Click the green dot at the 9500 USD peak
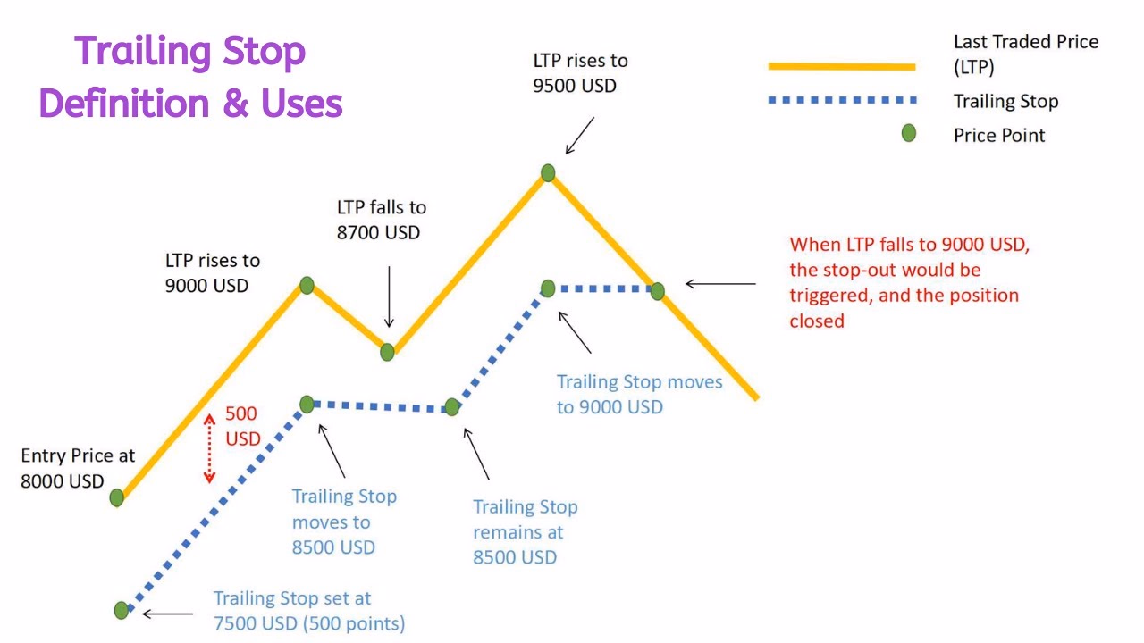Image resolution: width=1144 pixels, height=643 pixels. tap(548, 173)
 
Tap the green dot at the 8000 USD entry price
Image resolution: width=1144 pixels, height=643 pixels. tap(116, 497)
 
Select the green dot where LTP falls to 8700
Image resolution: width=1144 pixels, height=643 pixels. tap(387, 352)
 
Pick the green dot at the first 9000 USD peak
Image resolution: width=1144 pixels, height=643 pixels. tap(307, 285)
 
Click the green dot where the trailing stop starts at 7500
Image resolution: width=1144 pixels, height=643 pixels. tap(121, 610)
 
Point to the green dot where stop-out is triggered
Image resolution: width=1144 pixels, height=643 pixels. tap(657, 291)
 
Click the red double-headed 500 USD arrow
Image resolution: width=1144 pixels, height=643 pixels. tap(209, 448)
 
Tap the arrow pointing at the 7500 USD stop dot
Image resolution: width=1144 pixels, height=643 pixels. tap(167, 614)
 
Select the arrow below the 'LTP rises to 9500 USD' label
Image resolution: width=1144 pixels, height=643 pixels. tap(580, 136)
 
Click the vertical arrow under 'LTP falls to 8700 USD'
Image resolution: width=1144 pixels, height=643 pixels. tap(389, 296)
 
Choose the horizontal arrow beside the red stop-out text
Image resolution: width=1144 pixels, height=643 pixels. tap(720, 284)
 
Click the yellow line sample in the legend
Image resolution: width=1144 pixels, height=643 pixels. tap(842, 66)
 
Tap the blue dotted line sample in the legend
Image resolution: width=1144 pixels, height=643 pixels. tap(843, 100)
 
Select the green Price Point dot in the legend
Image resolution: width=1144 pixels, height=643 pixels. tap(909, 134)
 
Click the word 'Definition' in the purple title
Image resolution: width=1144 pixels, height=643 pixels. tap(124, 104)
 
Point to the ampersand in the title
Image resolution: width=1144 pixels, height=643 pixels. tap(236, 104)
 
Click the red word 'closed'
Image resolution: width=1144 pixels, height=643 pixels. tap(817, 321)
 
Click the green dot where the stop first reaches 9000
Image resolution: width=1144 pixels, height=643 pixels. tap(548, 288)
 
